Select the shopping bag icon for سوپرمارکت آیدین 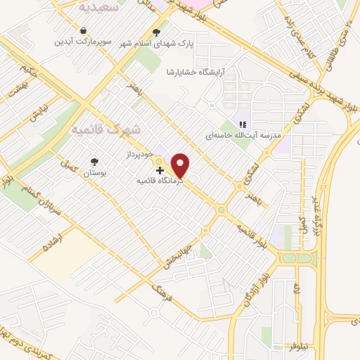tap(84, 31)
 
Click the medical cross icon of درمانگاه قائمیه tap(160, 170)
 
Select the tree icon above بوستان tap(94, 161)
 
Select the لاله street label tap(297, 289)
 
